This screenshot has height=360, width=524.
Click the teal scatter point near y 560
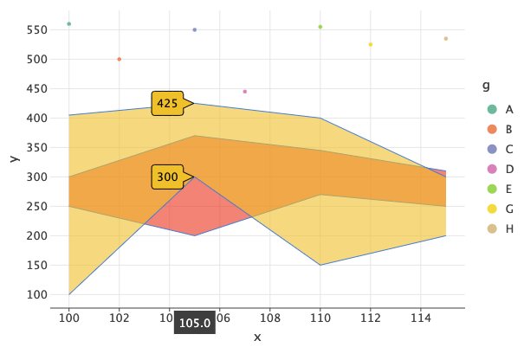point(69,24)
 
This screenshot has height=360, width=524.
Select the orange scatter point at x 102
point(120,59)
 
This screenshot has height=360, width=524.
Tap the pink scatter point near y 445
point(245,92)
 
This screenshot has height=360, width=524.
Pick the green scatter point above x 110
point(320,27)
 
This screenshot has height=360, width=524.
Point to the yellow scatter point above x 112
point(371,45)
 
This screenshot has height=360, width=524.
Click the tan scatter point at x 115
point(446,39)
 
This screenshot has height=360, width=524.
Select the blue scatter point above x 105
point(195,30)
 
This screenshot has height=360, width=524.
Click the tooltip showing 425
point(167,104)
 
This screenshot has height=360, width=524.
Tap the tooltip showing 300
point(167,177)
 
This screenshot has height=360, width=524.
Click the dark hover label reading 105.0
point(195,323)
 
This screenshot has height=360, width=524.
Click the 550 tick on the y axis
point(36,29)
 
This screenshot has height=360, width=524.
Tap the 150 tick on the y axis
point(36,265)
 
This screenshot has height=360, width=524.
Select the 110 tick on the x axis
point(320,318)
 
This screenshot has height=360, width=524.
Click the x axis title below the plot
point(257,337)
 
